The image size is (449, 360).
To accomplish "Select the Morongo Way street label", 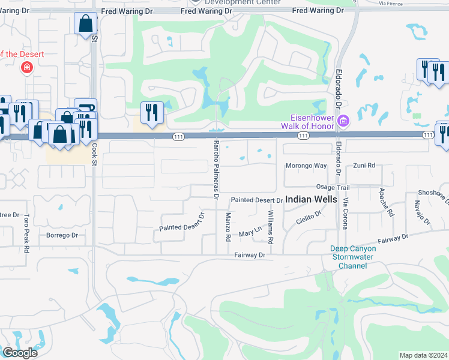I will (x=306, y=165).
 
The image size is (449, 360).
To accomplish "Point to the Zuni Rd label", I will (x=364, y=165).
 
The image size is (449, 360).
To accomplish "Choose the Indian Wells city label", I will (x=311, y=199).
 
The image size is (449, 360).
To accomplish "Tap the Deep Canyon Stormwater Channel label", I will (x=353, y=257).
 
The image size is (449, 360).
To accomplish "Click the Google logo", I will (x=19, y=353).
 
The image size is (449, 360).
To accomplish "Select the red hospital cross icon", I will (x=26, y=67).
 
